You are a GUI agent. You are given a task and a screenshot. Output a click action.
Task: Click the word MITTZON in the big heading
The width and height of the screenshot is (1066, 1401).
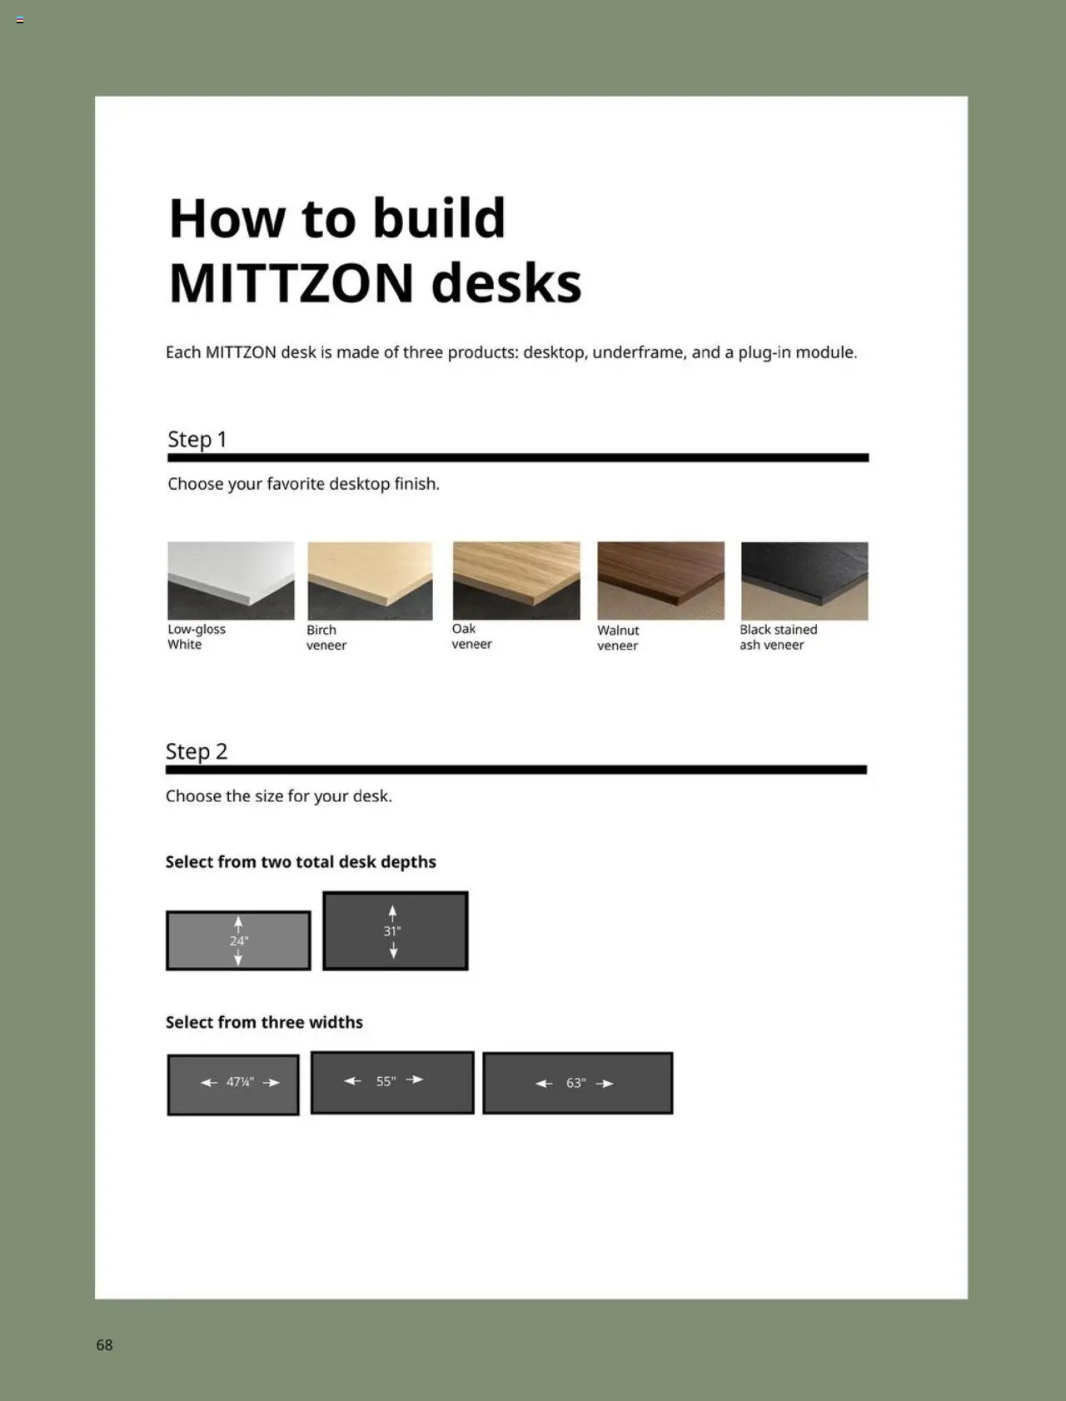pyautogui.click(x=291, y=284)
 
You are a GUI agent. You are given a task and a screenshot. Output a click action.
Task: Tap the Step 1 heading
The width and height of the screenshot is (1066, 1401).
pyautogui.click(x=197, y=439)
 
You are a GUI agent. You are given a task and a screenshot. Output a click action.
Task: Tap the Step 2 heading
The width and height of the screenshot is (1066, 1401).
pyautogui.click(x=197, y=751)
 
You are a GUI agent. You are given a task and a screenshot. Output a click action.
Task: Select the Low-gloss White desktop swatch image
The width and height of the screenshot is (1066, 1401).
pyautogui.click(x=231, y=581)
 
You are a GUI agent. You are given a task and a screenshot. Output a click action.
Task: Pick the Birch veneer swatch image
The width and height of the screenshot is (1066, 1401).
pyautogui.click(x=370, y=581)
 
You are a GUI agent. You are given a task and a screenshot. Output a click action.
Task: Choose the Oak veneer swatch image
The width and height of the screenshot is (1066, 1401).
pyautogui.click(x=516, y=581)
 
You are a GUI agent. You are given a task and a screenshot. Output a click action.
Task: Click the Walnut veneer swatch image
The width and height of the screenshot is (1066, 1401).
pyautogui.click(x=660, y=581)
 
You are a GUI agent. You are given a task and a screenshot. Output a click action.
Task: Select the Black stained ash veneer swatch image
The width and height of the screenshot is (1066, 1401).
pyautogui.click(x=804, y=581)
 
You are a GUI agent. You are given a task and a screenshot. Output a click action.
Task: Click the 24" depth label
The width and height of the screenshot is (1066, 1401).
pyautogui.click(x=239, y=941)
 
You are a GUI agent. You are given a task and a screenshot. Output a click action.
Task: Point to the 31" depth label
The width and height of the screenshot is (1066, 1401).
pyautogui.click(x=392, y=931)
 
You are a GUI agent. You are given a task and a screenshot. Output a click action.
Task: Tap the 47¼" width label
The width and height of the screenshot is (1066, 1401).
pyautogui.click(x=240, y=1083)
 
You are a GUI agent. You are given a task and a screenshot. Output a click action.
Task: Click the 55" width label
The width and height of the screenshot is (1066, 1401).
pyautogui.click(x=385, y=1081)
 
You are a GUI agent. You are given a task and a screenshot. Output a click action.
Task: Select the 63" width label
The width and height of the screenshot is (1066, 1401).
pyautogui.click(x=575, y=1084)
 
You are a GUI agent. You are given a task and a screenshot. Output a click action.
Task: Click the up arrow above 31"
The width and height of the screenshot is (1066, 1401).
pyautogui.click(x=393, y=913)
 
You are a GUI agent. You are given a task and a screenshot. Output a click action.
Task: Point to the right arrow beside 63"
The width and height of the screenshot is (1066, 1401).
pyautogui.click(x=605, y=1084)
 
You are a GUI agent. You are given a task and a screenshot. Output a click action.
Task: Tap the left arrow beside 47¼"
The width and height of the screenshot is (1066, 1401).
pyautogui.click(x=209, y=1083)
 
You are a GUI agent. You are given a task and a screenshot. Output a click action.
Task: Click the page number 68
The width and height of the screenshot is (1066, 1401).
pyautogui.click(x=104, y=1345)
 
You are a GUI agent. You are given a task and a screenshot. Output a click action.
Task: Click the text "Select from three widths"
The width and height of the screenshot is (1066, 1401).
pyautogui.click(x=264, y=1022)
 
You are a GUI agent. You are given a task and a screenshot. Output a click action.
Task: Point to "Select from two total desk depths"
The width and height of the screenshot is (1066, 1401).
pyautogui.click(x=301, y=862)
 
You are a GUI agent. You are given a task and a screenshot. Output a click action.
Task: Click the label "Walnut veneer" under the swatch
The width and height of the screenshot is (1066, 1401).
pyautogui.click(x=618, y=638)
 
